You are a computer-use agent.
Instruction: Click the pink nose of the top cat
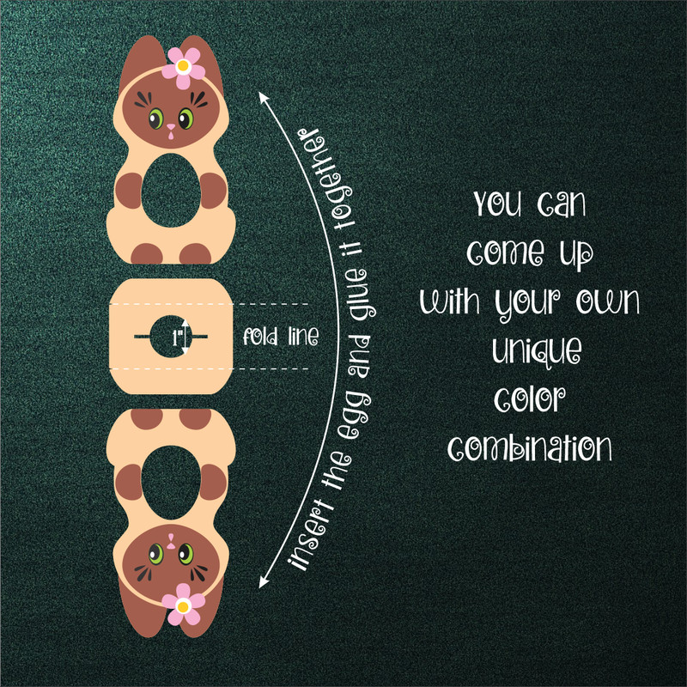pyautogui.click(x=170, y=129)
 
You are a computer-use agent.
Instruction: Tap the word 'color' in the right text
pyautogui.click(x=526, y=400)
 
